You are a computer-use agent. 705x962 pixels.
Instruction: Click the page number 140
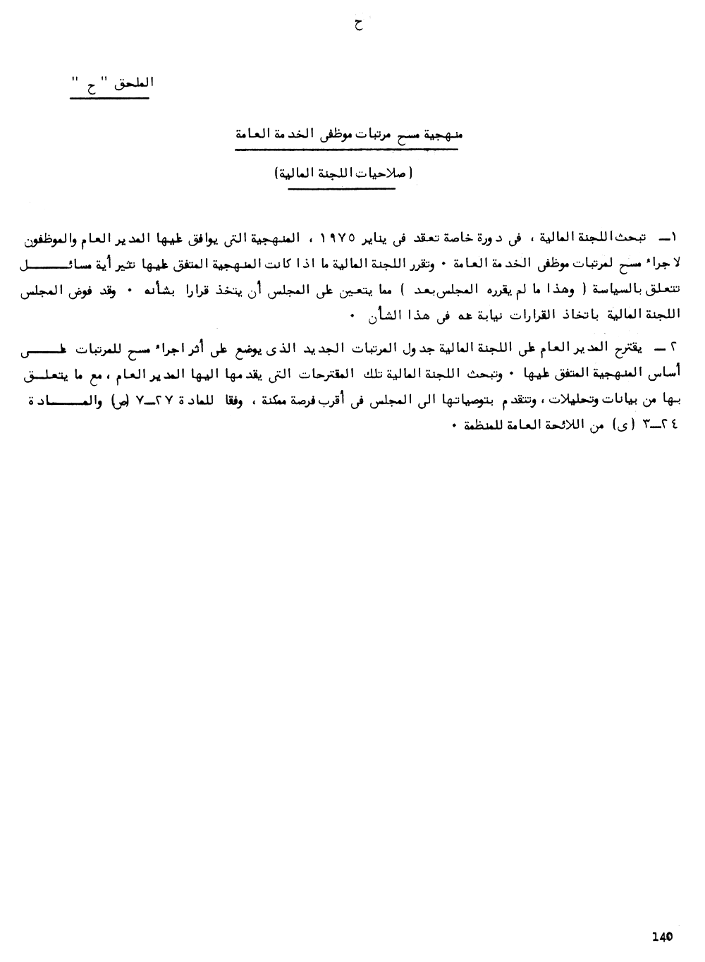coord(663,937)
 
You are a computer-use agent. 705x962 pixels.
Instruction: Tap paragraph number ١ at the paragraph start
coord(667,235)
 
